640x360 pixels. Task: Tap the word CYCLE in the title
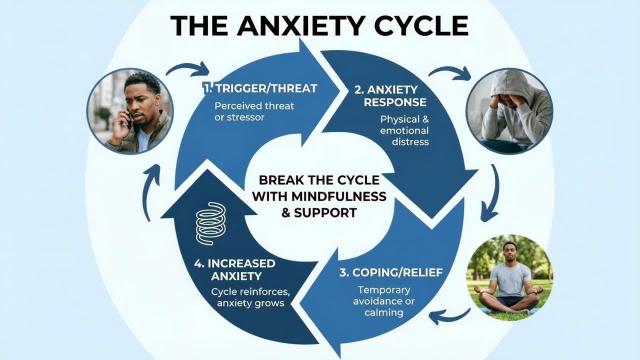pyautogui.click(x=425, y=25)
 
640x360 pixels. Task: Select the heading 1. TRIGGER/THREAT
pyautogui.click(x=260, y=88)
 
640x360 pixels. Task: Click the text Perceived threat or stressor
pyautogui.click(x=254, y=111)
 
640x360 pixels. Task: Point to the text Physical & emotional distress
pyautogui.click(x=404, y=130)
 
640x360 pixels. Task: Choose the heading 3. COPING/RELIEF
pyautogui.click(x=390, y=273)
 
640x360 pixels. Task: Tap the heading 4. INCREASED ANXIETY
pyautogui.click(x=234, y=269)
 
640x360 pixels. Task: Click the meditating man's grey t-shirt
pyautogui.click(x=510, y=278)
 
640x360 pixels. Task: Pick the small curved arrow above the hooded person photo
pyautogui.click(x=450, y=73)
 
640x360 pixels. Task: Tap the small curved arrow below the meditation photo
pyautogui.click(x=449, y=315)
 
